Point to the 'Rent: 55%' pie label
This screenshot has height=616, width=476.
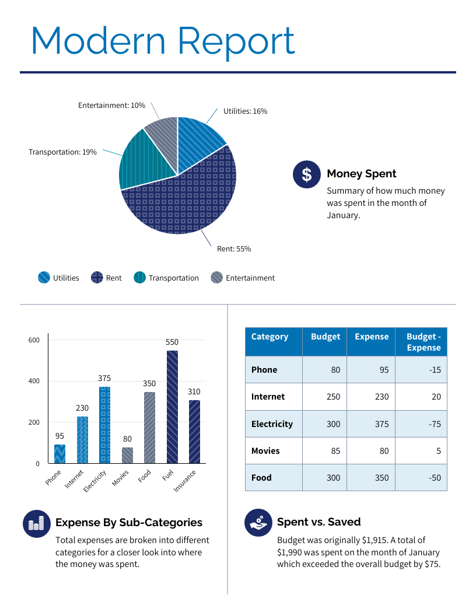(x=234, y=249)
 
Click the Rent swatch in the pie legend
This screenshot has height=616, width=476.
(x=97, y=278)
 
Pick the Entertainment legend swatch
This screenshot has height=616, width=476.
(x=216, y=278)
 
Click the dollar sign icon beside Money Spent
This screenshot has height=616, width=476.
(x=306, y=174)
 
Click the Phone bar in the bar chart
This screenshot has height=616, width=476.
(x=60, y=454)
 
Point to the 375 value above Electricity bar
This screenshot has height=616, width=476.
(x=104, y=378)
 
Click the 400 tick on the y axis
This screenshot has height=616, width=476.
(x=34, y=381)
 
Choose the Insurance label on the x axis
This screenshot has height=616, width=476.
(x=185, y=481)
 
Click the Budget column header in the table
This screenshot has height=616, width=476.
(x=325, y=337)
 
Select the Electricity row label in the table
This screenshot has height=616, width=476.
(x=272, y=424)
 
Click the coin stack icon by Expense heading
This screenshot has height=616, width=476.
(x=37, y=523)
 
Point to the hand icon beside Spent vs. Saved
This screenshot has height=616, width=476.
(x=258, y=522)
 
